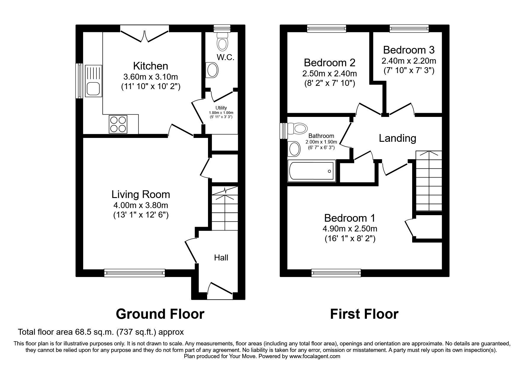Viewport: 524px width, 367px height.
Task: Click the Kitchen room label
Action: click(x=150, y=66)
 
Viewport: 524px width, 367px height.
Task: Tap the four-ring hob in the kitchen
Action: click(x=118, y=124)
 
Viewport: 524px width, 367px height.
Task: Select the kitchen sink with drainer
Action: click(x=93, y=81)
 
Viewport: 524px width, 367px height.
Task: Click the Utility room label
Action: click(x=221, y=108)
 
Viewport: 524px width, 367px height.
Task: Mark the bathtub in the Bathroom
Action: click(x=311, y=171)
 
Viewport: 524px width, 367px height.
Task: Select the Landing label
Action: click(x=397, y=138)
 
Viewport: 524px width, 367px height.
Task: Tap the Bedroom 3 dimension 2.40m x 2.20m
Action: click(x=409, y=61)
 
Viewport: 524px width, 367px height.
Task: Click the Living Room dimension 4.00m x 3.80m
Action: click(x=141, y=205)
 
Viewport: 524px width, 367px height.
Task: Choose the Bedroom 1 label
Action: click(x=349, y=218)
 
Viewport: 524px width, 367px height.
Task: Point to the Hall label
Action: click(x=221, y=258)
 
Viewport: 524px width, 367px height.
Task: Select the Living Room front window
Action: click(x=135, y=273)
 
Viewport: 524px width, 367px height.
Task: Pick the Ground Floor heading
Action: click(x=160, y=314)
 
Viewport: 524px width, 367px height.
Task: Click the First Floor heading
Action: click(x=364, y=314)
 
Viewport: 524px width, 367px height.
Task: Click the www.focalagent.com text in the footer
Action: click(x=315, y=356)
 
